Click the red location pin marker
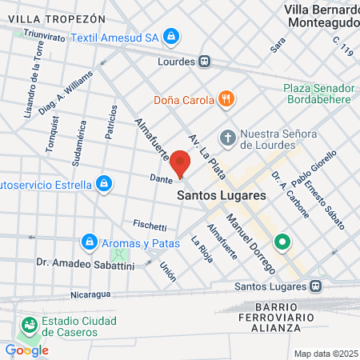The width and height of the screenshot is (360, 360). pos(181,164)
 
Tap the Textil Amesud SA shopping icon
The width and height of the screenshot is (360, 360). pos(171,37)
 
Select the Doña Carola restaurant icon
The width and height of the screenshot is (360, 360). pos(227,100)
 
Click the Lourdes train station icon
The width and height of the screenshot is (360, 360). pos(206,61)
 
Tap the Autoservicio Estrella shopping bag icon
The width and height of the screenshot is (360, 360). pos(103,184)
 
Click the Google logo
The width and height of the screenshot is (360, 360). pos(26,350)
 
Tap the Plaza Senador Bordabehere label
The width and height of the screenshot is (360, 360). pos(318,94)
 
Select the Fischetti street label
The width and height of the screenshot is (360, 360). pos(150,226)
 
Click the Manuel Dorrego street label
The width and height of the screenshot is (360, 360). pos(250,239)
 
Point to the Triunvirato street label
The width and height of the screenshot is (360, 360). pos(43,34)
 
